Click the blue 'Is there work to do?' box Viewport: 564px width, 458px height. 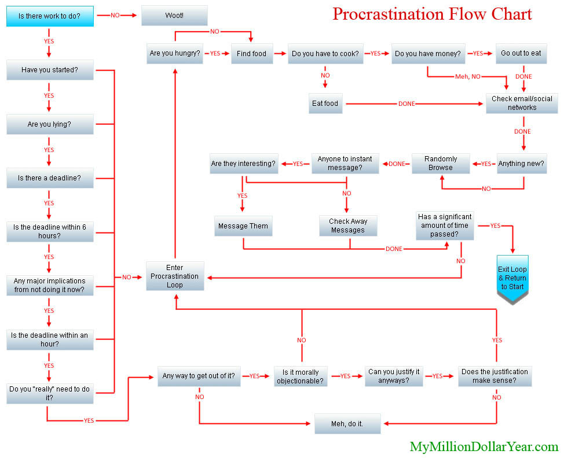click(50, 16)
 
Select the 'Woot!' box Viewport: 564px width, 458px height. click(174, 16)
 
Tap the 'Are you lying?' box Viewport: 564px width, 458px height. click(50, 124)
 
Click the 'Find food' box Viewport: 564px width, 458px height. click(252, 54)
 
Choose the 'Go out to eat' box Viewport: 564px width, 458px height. click(521, 54)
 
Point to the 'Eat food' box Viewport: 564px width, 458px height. click(325, 104)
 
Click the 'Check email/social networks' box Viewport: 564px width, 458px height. click(522, 104)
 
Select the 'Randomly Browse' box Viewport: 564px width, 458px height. click(441, 164)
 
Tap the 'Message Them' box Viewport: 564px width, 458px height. click(243, 226)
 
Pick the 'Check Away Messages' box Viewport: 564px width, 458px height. click(348, 226)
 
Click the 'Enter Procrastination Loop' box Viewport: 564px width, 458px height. click(175, 276)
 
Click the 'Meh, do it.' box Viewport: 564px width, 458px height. click(347, 424)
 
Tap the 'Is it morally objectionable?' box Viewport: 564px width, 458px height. click(301, 376)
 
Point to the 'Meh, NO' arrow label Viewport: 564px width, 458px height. click(468, 76)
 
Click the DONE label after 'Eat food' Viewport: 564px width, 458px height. click(406, 104)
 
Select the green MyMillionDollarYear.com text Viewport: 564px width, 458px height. click(484, 447)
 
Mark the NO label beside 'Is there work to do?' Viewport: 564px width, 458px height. click(115, 16)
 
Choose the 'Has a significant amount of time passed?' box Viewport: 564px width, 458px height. click(445, 226)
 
